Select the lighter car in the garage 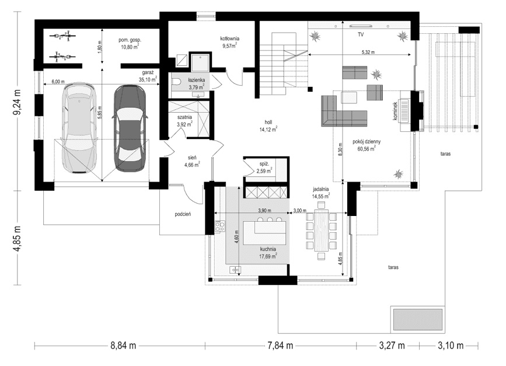click(x=78, y=128)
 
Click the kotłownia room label click(x=229, y=39)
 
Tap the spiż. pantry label click(x=264, y=165)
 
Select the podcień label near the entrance click(x=183, y=214)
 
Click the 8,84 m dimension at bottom click(x=123, y=346)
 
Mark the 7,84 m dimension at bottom click(x=280, y=346)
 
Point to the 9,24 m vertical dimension click(x=18, y=103)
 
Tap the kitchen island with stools click(x=266, y=232)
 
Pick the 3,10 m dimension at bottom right click(x=450, y=346)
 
